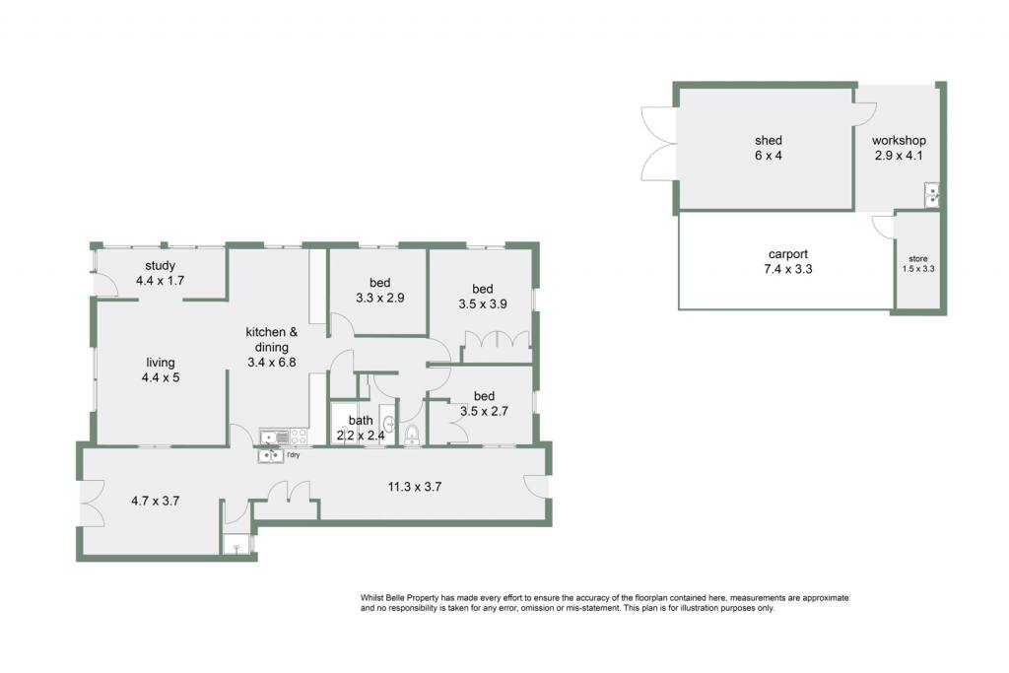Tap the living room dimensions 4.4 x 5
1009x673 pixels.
[x=161, y=377]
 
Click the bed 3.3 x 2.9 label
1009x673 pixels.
[x=379, y=290]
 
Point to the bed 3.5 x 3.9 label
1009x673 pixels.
[x=483, y=297]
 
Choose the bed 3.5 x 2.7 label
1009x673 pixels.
[x=484, y=403]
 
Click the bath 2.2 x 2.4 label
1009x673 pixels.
[x=361, y=428]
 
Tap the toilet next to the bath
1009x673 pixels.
[x=412, y=435]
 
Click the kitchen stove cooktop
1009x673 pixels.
[x=299, y=437]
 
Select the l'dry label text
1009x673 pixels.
[x=293, y=455]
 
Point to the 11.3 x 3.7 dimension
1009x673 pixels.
[x=415, y=487]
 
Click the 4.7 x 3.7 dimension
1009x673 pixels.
[x=155, y=501]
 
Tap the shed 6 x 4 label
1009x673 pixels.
[x=769, y=148]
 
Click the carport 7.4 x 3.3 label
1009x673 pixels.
[x=788, y=262]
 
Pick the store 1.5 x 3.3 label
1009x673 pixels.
[x=918, y=264]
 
